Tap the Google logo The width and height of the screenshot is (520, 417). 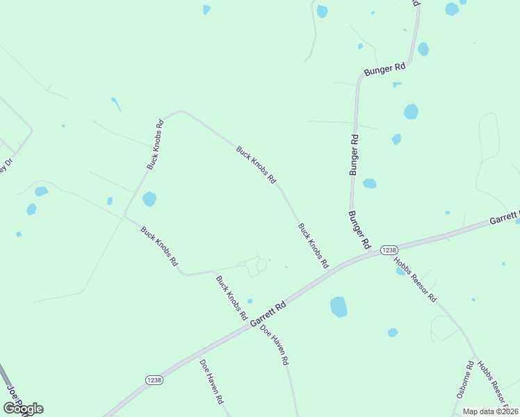pos(23,409)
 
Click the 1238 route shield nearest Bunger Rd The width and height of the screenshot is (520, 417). pos(389,250)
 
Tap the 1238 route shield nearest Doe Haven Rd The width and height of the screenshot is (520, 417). pos(154,379)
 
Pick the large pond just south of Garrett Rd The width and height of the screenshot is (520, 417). pos(339,306)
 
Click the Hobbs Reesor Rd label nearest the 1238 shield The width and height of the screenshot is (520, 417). pos(414,279)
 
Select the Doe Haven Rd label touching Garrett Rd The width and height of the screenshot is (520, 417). pos(275,345)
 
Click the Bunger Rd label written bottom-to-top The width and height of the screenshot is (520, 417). pos(355,154)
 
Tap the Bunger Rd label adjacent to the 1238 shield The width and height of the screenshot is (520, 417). pos(359,230)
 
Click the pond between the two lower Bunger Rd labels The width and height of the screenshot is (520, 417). pos(369,183)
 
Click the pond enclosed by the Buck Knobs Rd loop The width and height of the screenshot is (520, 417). pos(149,199)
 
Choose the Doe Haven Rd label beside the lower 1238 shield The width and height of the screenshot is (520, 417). pos(211,382)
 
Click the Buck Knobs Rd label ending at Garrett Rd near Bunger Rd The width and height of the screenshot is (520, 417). pos(313,245)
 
